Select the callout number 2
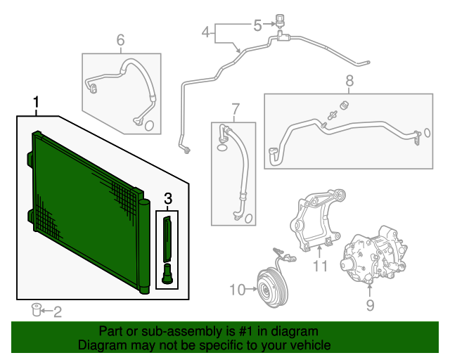click(58, 310)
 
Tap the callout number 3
click(168, 200)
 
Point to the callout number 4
click(205, 32)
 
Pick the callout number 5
click(257, 25)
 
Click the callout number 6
click(120, 40)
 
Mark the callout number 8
click(349, 82)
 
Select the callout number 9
click(370, 304)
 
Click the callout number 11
click(321, 266)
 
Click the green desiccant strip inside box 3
click(168, 238)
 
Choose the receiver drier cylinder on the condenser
click(143, 246)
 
